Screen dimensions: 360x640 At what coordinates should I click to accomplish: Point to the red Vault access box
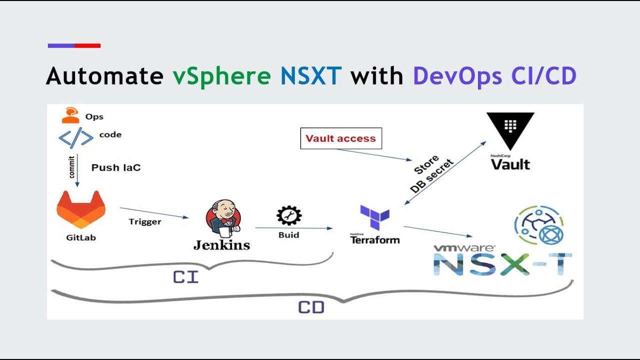(340, 138)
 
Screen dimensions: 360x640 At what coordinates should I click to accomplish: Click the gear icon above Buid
(289, 215)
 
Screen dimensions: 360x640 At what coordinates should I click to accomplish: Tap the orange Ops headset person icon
(70, 115)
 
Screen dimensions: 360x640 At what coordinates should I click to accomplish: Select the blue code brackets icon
(75, 138)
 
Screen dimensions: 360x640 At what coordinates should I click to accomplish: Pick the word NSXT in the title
(311, 76)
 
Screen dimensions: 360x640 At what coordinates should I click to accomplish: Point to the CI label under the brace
(185, 277)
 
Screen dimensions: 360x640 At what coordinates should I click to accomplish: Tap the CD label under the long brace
(311, 307)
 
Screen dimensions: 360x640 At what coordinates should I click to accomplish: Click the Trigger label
(145, 221)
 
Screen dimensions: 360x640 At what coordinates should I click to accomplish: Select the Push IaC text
(116, 167)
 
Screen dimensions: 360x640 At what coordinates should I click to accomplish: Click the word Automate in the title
(104, 76)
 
